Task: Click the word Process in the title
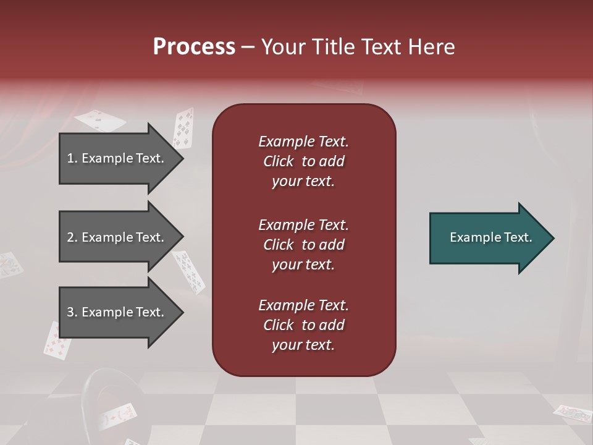[x=194, y=47]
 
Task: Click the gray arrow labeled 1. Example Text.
[x=117, y=158]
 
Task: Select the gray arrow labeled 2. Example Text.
[x=117, y=237]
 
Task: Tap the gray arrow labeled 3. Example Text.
[x=117, y=312]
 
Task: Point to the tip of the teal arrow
[x=553, y=238]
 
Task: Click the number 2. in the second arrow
[x=72, y=237]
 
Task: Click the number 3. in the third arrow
[x=72, y=312]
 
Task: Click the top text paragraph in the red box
[x=303, y=161]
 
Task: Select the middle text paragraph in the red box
[x=303, y=245]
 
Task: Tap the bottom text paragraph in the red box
[x=303, y=325]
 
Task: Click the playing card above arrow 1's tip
[x=183, y=127]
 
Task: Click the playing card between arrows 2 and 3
[x=189, y=271]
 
